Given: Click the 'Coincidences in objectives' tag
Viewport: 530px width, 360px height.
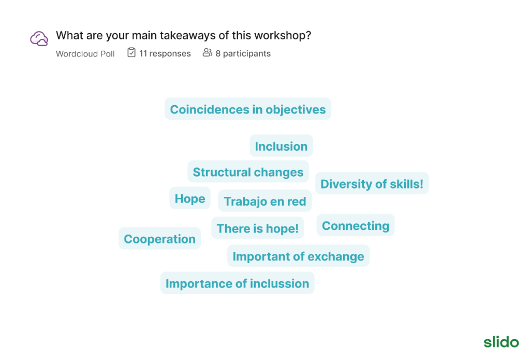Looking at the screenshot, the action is [248, 109].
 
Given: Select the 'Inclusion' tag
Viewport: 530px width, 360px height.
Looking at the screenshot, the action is [281, 146].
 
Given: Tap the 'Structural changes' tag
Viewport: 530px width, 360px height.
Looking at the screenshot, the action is [248, 171].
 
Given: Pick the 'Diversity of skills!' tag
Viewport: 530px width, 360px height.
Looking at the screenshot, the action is [372, 183].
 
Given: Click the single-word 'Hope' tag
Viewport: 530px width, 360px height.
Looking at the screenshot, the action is [190, 198].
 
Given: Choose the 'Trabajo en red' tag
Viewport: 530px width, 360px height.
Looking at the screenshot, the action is [265, 200].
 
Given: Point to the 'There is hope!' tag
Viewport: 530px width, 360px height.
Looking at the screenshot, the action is [258, 228].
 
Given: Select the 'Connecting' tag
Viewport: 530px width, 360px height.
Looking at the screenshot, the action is [356, 225].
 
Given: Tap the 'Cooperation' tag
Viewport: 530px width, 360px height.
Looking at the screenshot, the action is [159, 238].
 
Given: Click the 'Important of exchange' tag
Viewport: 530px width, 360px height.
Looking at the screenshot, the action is [299, 256].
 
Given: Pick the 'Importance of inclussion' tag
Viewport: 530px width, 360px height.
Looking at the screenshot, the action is [237, 283].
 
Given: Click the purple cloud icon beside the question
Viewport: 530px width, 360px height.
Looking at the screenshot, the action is [39, 38].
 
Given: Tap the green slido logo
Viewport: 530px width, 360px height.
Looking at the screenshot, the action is [501, 342].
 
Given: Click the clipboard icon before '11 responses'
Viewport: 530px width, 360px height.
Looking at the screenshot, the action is [131, 52].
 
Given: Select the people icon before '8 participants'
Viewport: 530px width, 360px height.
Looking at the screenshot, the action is [207, 52].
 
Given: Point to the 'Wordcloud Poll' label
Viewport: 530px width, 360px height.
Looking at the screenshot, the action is [85, 53].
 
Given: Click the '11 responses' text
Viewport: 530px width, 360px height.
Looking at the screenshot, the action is [165, 53].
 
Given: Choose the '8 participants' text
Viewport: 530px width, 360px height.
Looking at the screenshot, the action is [243, 53].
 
